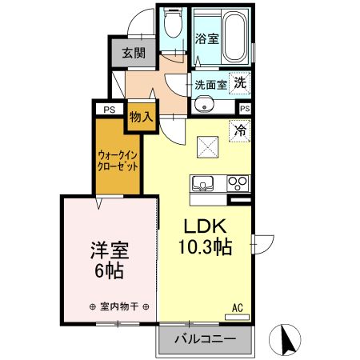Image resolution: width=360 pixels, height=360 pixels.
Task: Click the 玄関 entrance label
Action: tap(134, 54)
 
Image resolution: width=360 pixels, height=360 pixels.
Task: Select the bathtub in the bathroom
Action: tap(234, 38)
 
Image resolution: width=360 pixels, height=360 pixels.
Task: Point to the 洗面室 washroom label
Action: tap(209, 83)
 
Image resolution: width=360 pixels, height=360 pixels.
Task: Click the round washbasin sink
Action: tap(204, 103)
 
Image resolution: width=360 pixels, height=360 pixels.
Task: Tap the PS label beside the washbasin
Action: tap(244, 107)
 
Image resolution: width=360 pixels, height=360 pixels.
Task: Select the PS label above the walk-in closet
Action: tap(106, 110)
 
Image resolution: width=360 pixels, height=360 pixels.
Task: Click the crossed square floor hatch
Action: tap(209, 146)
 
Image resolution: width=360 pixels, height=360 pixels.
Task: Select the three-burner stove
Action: tap(238, 182)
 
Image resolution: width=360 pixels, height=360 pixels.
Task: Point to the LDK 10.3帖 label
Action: tap(206, 235)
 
